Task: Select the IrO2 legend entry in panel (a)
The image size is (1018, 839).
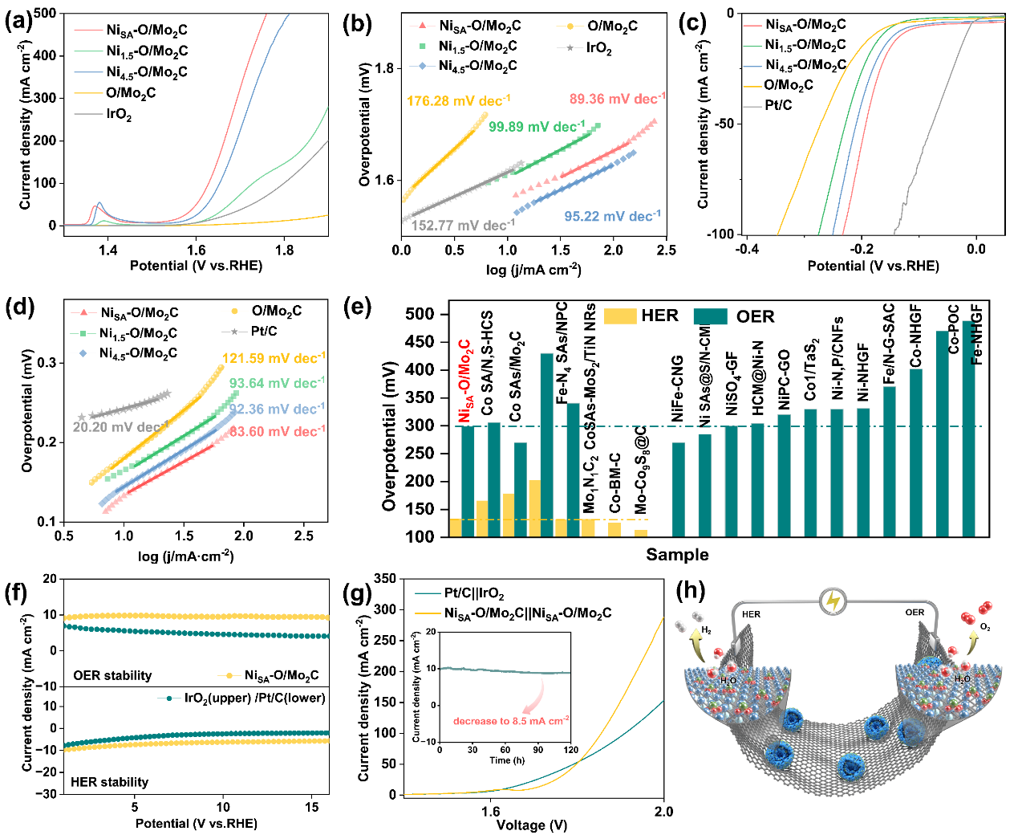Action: pyautogui.click(x=119, y=114)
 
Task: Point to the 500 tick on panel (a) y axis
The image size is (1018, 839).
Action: pyautogui.click(x=45, y=14)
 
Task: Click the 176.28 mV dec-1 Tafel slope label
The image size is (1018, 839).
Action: pyautogui.click(x=458, y=101)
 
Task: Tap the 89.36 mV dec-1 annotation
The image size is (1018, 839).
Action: pyautogui.click(x=617, y=99)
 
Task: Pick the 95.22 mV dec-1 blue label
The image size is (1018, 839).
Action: pyautogui.click(x=612, y=216)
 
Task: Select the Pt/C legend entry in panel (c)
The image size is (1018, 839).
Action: pyautogui.click(x=777, y=105)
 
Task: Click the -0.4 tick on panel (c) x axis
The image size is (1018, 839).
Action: pyautogui.click(x=748, y=249)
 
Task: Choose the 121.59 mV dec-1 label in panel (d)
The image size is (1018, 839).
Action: pyautogui.click(x=274, y=358)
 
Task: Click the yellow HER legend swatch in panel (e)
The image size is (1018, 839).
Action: pyautogui.click(x=620, y=316)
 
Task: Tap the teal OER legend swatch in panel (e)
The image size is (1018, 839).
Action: pyautogui.click(x=710, y=316)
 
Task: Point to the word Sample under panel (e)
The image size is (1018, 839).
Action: pyautogui.click(x=677, y=555)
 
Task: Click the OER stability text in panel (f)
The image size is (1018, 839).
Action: pyautogui.click(x=112, y=675)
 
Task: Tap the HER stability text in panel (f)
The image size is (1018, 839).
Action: pyautogui.click(x=109, y=781)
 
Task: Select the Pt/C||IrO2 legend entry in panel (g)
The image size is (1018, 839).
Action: pyautogui.click(x=473, y=594)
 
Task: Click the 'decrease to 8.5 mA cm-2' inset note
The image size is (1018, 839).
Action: pyautogui.click(x=511, y=720)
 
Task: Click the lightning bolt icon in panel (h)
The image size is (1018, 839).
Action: pyautogui.click(x=833, y=601)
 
